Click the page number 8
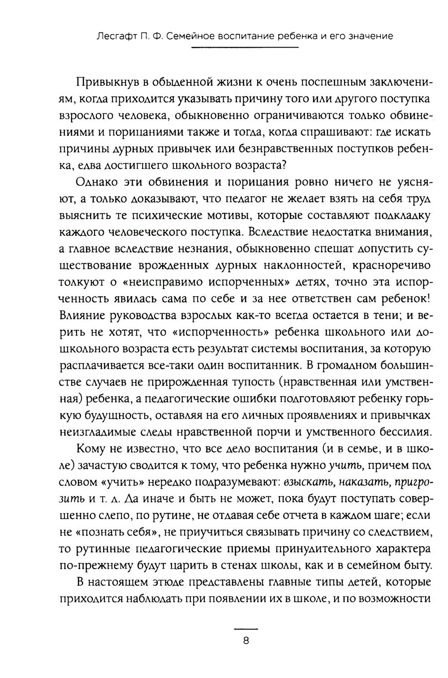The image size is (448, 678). [x=246, y=640]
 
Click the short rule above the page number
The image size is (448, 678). [x=246, y=628]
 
